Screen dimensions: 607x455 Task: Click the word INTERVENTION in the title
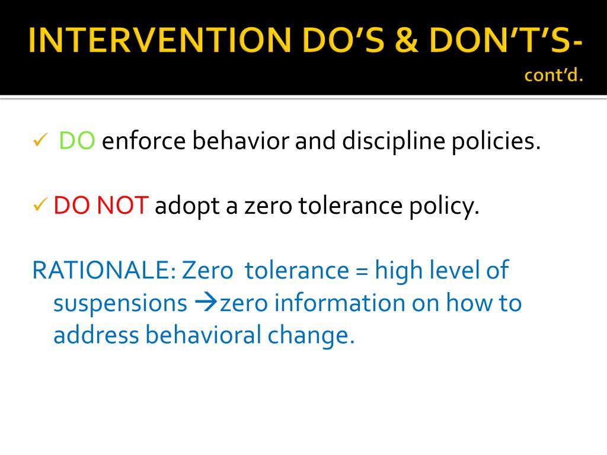tap(159, 40)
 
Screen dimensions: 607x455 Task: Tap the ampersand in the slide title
tap(407, 40)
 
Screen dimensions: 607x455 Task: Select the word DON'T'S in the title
tap(500, 40)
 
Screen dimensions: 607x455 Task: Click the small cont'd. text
tap(554, 75)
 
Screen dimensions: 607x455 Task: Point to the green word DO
tap(76, 140)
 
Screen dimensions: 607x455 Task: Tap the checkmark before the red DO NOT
tap(40, 204)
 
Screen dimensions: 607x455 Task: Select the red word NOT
tap(122, 205)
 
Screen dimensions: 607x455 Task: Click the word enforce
tap(143, 140)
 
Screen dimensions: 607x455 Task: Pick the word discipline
tap(394, 141)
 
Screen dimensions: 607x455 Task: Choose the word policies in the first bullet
tap(496, 141)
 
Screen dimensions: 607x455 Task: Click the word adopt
tap(187, 206)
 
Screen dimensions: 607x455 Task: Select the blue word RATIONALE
tap(104, 270)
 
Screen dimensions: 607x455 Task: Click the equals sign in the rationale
tap(361, 271)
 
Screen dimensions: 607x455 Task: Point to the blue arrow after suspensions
tap(206, 303)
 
